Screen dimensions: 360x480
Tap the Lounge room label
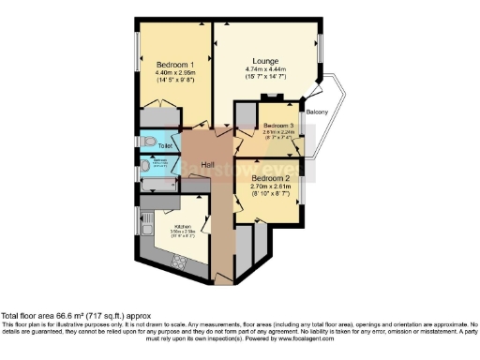272,61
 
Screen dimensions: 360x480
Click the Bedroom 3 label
278,126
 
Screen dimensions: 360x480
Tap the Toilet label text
164,147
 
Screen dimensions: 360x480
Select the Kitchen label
182,226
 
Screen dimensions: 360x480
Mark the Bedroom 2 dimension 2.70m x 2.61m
272,186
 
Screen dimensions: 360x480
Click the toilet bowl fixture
145,145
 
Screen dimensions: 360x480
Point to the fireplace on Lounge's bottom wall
272,97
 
